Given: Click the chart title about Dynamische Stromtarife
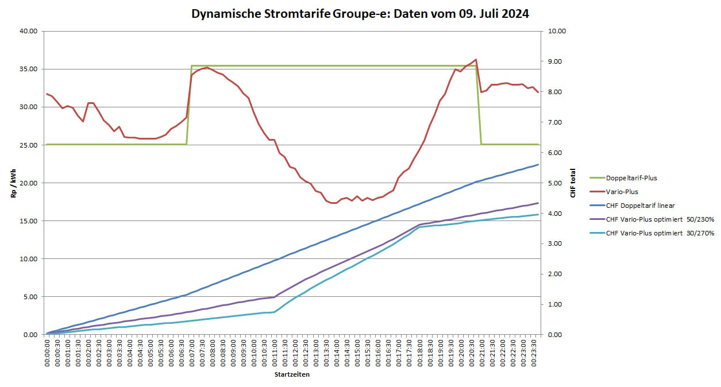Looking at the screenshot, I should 360,14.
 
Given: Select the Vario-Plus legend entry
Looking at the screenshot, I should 622,192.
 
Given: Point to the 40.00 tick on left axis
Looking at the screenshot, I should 28,32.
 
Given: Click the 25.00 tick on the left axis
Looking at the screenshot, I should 28,145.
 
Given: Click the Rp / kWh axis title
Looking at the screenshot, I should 12,183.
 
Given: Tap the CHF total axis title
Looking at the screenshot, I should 573,183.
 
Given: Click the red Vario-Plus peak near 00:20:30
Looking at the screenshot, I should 476,59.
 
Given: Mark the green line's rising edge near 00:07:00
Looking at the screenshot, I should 189,103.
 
